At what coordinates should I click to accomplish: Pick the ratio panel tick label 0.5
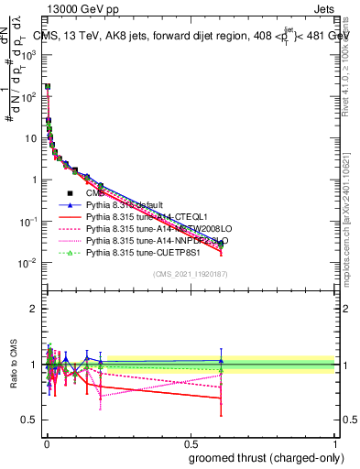tap(31, 420)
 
